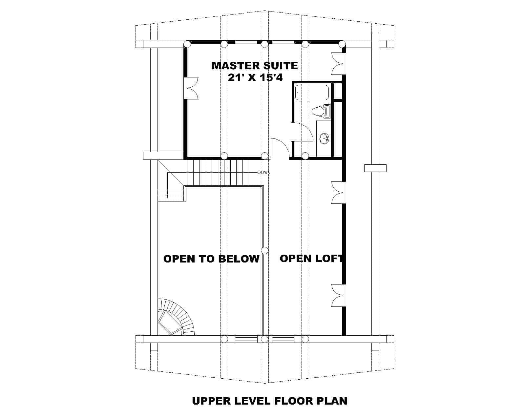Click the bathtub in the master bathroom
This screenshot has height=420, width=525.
pos(312,92)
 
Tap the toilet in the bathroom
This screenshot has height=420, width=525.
pos(321,111)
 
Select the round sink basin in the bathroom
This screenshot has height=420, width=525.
pos(324,138)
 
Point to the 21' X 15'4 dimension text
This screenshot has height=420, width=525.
pos(255,78)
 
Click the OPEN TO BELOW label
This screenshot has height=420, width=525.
pos(211,259)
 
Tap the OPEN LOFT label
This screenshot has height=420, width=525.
pos(311,259)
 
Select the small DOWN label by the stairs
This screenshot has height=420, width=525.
pos(264,172)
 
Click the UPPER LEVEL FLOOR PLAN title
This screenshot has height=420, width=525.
pos(269,401)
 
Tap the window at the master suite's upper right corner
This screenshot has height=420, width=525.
pos(338,63)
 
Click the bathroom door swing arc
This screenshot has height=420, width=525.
pos(302,131)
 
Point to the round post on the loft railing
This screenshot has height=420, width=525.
pos(265,251)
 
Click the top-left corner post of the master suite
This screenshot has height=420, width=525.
pos(187,44)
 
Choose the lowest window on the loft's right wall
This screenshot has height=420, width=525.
pos(338,295)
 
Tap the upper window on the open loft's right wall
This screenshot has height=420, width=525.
pos(338,192)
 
